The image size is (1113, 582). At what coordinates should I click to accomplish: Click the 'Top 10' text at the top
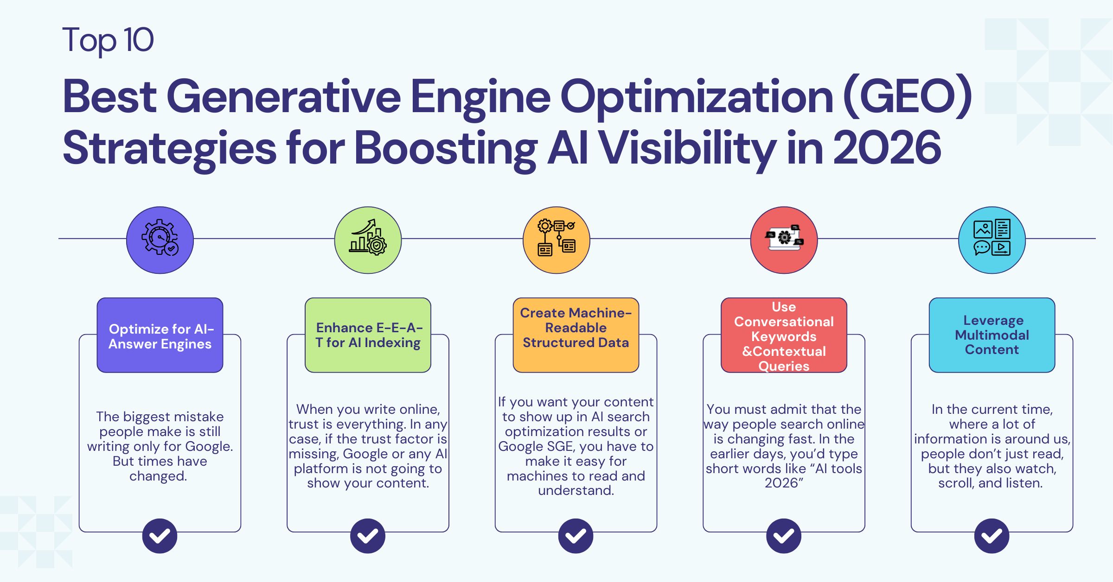pos(108,40)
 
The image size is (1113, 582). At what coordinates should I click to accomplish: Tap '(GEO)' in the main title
pos(907,96)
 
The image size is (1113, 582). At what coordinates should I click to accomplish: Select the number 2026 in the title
pos(887,148)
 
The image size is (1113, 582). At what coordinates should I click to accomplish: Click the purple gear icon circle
pos(160,240)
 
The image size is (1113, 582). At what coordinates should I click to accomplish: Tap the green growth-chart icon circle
pos(368,240)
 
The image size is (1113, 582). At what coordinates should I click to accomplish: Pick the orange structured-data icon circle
pos(556,240)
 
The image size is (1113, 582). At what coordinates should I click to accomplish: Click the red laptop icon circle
pos(784,240)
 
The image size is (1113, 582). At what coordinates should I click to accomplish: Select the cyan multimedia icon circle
pos(991,240)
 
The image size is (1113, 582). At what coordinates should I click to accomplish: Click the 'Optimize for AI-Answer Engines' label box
pos(160,335)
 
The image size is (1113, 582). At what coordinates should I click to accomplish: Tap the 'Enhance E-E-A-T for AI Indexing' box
pos(368,335)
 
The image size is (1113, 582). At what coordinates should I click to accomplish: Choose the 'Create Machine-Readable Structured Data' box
pos(576,335)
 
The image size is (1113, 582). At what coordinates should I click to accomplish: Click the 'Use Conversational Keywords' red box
pos(784,335)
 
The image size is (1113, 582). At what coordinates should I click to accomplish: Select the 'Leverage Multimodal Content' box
pos(991,335)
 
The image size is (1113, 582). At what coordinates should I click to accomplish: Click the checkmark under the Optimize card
pos(160,536)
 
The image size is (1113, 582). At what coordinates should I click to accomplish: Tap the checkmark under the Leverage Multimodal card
pos(991,536)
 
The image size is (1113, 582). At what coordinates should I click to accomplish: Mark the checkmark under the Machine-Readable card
pos(576,536)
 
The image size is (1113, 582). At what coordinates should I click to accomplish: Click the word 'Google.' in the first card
pos(209,446)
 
